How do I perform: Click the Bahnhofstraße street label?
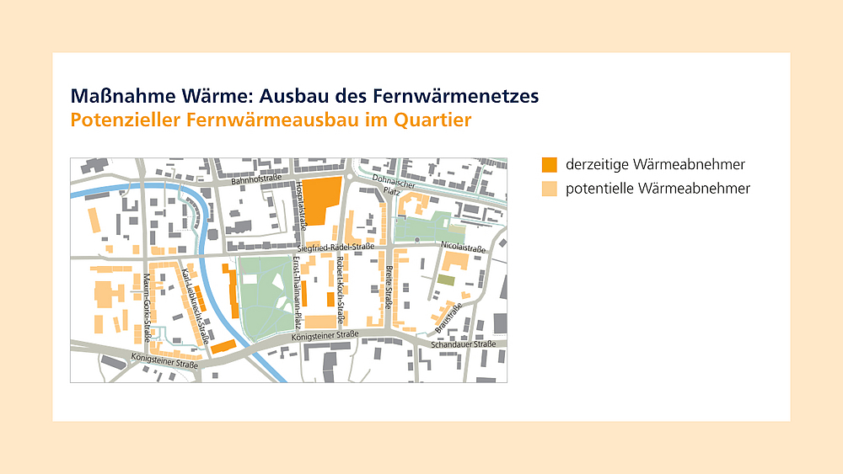tap(257, 179)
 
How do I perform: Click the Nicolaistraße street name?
tap(463, 248)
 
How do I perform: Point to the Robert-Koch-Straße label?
tap(341, 290)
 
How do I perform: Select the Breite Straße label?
tap(389, 287)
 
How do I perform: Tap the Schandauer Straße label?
tap(462, 344)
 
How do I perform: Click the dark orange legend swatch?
tap(549, 164)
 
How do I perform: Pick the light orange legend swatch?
tap(549, 189)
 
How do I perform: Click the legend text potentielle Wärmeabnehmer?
tap(658, 189)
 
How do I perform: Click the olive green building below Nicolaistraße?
tap(445, 280)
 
